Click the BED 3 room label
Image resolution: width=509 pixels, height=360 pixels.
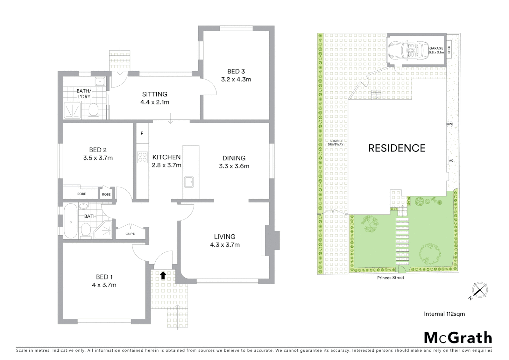click(x=236, y=71)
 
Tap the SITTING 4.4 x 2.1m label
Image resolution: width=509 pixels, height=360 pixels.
click(x=155, y=98)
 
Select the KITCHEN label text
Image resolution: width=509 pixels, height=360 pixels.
click(x=166, y=157)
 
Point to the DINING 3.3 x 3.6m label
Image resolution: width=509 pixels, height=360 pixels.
click(x=234, y=162)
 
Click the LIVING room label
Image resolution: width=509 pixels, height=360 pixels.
click(x=225, y=237)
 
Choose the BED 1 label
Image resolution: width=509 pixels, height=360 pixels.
click(x=104, y=277)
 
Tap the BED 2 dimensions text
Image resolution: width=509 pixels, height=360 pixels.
click(x=98, y=158)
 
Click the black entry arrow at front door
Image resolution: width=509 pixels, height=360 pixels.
click(x=163, y=275)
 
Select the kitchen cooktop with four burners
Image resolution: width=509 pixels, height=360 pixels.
click(x=142, y=157)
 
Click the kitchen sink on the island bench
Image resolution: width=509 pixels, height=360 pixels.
click(x=189, y=182)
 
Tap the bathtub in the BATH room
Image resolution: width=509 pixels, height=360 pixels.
click(x=70, y=221)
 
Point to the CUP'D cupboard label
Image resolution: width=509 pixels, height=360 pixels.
click(x=130, y=234)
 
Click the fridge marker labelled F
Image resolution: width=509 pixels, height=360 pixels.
click(x=142, y=133)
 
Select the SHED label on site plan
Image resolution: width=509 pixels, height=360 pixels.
click(x=449, y=50)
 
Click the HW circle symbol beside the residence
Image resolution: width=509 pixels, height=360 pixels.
click(x=449, y=124)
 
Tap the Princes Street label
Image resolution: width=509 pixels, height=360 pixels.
click(x=390, y=278)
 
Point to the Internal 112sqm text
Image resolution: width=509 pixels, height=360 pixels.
click(x=444, y=314)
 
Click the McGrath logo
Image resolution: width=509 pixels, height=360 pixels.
click(x=458, y=338)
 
